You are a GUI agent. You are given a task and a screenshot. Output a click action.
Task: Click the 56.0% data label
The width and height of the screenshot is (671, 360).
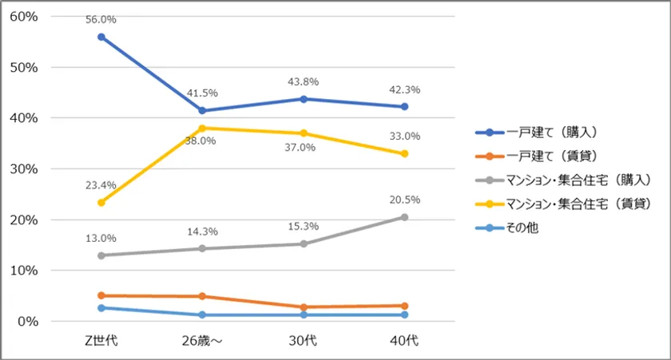[101, 19]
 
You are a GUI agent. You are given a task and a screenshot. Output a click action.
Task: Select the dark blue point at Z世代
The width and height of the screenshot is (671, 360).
[101, 37]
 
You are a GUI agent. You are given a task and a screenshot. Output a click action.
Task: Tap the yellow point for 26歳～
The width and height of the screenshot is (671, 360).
[202, 128]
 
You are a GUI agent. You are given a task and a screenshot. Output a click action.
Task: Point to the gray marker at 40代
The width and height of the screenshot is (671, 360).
[404, 217]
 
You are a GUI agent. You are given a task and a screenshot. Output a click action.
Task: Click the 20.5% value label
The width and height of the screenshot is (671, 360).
[404, 200]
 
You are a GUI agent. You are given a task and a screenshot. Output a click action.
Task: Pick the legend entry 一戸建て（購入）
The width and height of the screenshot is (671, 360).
[550, 133]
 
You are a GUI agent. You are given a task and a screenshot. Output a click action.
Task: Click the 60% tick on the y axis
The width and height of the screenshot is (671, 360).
[25, 16]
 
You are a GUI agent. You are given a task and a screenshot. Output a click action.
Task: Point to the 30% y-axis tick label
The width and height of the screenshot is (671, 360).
[25, 168]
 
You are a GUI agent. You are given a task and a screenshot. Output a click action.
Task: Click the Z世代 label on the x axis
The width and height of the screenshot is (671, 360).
[101, 341]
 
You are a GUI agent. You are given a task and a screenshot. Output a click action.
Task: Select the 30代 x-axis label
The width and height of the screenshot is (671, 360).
[304, 341]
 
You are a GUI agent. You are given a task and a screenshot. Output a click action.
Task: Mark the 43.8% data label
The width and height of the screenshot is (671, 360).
[304, 82]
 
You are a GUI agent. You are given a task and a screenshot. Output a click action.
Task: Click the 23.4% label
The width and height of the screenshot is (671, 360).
[101, 185]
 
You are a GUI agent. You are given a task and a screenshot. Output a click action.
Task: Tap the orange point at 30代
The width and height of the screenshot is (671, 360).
[304, 307]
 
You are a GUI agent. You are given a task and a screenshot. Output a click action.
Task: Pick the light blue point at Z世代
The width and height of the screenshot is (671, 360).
[101, 308]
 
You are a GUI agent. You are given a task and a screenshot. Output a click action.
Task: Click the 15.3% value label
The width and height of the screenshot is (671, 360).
[304, 227]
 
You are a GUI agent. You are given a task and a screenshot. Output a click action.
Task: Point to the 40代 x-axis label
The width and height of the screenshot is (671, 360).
[404, 341]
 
